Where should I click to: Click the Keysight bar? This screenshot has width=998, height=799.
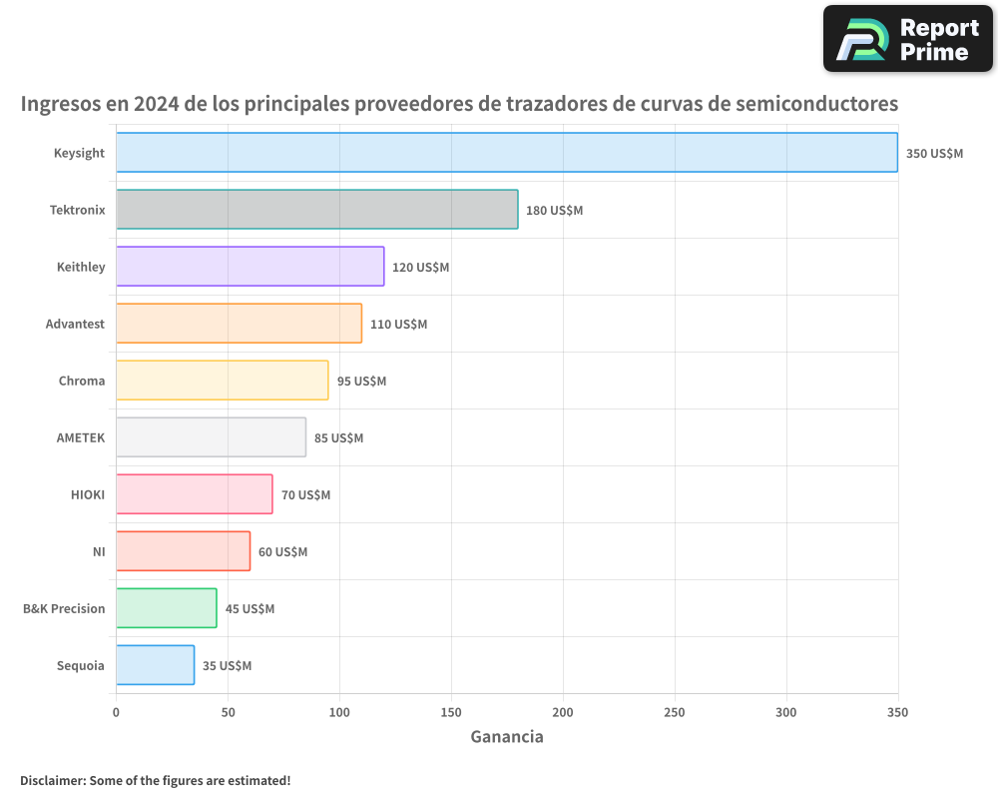tap(507, 153)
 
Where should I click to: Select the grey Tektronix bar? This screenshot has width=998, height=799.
tap(317, 210)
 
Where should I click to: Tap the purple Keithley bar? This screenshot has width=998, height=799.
tap(250, 267)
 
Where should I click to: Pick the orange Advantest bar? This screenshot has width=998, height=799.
tap(240, 324)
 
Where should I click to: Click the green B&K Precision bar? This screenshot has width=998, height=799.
tap(167, 608)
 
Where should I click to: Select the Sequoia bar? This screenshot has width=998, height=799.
tap(156, 665)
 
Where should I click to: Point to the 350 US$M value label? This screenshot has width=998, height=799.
tap(934, 154)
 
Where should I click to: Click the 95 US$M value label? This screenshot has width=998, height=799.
tap(361, 382)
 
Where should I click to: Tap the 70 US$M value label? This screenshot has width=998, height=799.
tap(305, 495)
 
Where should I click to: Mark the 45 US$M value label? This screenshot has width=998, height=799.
tap(249, 609)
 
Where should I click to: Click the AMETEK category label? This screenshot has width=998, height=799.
tap(81, 437)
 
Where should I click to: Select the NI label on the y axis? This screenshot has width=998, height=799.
tap(98, 551)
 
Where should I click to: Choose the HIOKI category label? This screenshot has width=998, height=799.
tap(88, 494)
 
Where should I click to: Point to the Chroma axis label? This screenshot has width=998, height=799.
tap(82, 381)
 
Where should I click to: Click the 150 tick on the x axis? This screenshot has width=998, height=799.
tap(451, 712)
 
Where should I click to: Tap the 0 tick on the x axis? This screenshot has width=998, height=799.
tap(116, 712)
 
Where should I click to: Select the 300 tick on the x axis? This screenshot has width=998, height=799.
tap(786, 712)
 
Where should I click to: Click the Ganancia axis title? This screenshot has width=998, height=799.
tap(507, 737)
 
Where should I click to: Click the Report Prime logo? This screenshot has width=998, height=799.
tap(908, 39)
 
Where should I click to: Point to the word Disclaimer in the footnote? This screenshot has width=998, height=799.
tap(52, 781)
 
